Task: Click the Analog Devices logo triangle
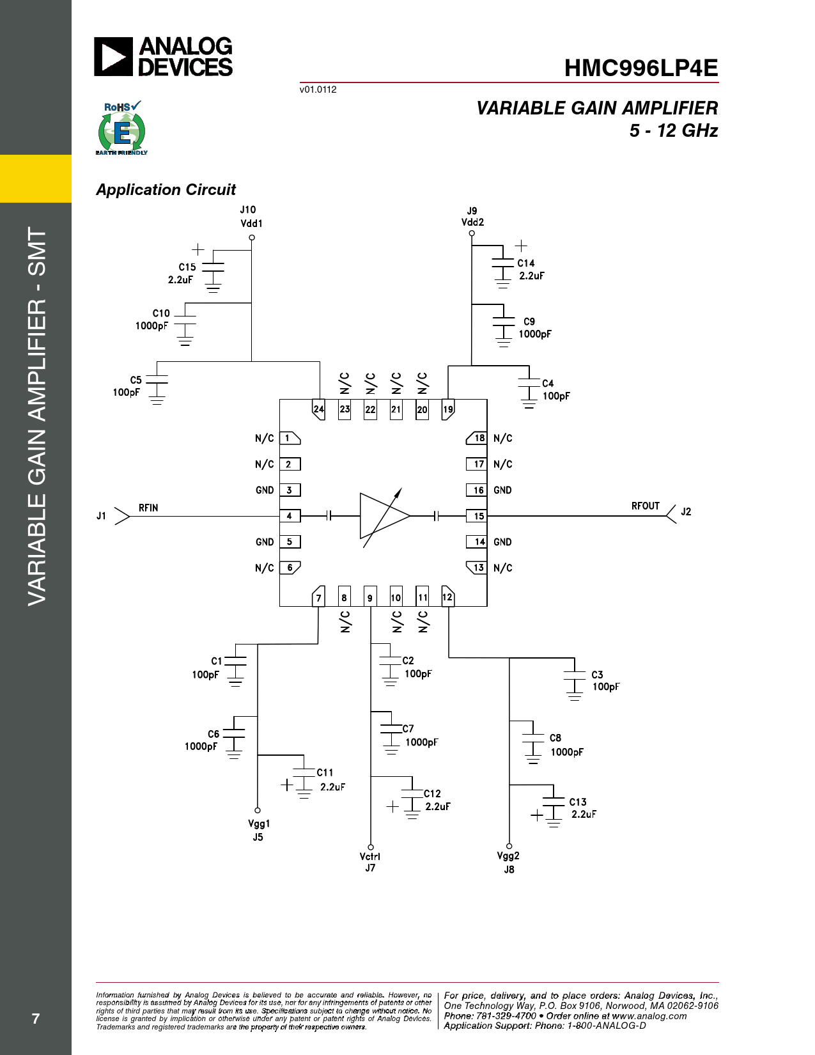113,57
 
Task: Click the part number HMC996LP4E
640,68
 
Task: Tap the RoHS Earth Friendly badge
121,128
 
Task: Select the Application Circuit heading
166,189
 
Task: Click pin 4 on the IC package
290,515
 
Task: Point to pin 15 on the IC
477,515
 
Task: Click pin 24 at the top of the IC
318,409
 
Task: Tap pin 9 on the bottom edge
370,597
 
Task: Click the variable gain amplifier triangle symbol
384,516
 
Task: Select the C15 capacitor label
187,267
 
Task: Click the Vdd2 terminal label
472,223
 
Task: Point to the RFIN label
148,508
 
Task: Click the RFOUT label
646,506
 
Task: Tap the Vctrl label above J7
370,856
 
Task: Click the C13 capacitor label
578,802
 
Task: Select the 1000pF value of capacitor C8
567,752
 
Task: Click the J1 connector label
101,515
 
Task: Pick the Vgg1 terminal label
259,824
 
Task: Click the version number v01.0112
318,90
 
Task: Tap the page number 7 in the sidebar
35,1019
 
